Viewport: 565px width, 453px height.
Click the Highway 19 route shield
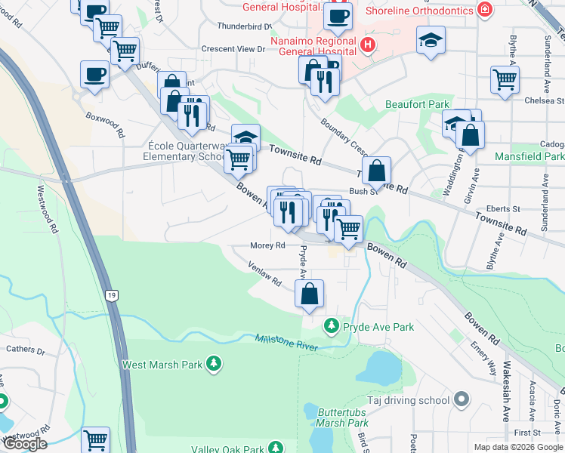coord(112,297)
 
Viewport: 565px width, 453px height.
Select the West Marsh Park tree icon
coord(215,364)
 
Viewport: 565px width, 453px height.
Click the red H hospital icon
coord(368,45)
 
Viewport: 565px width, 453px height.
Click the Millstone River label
coord(286,341)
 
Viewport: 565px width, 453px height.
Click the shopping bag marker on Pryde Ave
coord(310,294)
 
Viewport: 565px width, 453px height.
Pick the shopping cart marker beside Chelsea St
coord(505,79)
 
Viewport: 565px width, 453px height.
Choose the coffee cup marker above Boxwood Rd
coord(95,75)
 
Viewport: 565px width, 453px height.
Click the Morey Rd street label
coord(268,245)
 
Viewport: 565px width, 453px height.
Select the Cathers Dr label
coord(26,350)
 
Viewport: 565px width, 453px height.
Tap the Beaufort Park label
coord(418,104)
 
